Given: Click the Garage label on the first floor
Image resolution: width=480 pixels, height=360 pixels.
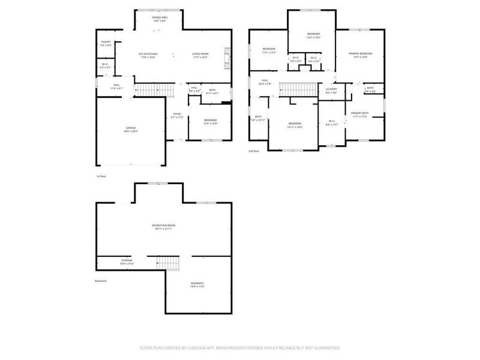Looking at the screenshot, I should click(131, 129).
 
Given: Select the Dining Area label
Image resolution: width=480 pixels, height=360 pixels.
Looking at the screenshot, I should click(160, 19).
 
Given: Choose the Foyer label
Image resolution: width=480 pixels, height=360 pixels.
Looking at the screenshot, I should click(177, 115).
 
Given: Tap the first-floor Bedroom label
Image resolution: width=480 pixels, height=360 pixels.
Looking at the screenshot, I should click(210, 121).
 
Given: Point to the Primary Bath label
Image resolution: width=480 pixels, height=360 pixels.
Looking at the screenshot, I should click(360, 114).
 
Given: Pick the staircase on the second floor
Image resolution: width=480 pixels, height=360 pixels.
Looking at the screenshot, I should click(298, 89).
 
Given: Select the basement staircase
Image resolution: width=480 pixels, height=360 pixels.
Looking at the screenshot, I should click(168, 262).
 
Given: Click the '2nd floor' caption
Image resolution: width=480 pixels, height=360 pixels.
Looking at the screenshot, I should click(254, 151).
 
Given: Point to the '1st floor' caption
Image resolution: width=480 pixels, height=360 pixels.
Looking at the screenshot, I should click(101, 176).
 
